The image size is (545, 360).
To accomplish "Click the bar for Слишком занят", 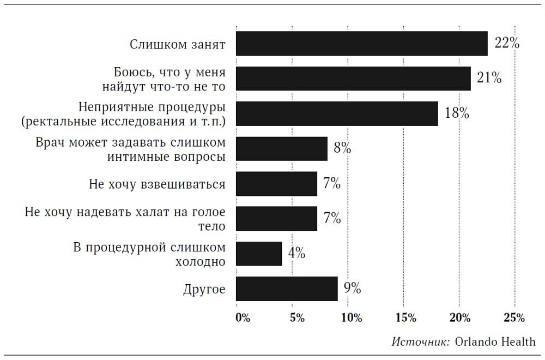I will tap(361, 44).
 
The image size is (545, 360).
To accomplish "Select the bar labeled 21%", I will tap(353, 79).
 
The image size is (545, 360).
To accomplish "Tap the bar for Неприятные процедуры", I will tap(337, 113).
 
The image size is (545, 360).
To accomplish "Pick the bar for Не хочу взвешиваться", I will tap(276, 184).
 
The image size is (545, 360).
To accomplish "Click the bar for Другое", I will tap(287, 289).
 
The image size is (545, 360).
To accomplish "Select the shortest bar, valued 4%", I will tap(259, 254).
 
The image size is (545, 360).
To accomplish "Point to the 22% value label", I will tap(506, 43).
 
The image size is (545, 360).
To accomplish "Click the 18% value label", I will tap(457, 113).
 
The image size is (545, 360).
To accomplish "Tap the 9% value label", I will tap(352, 288).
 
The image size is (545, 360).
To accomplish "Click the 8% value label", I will tap(342, 148).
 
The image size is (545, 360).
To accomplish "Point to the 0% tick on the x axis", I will tap(243, 318).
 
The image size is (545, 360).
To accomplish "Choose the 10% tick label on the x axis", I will tap(352, 318).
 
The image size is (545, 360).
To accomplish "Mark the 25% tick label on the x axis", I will tap(514, 318).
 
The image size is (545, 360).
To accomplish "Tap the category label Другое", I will tap(204, 289).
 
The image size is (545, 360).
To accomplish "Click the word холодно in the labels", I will tap(200, 261).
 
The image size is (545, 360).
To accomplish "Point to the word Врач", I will tap(50, 142).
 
